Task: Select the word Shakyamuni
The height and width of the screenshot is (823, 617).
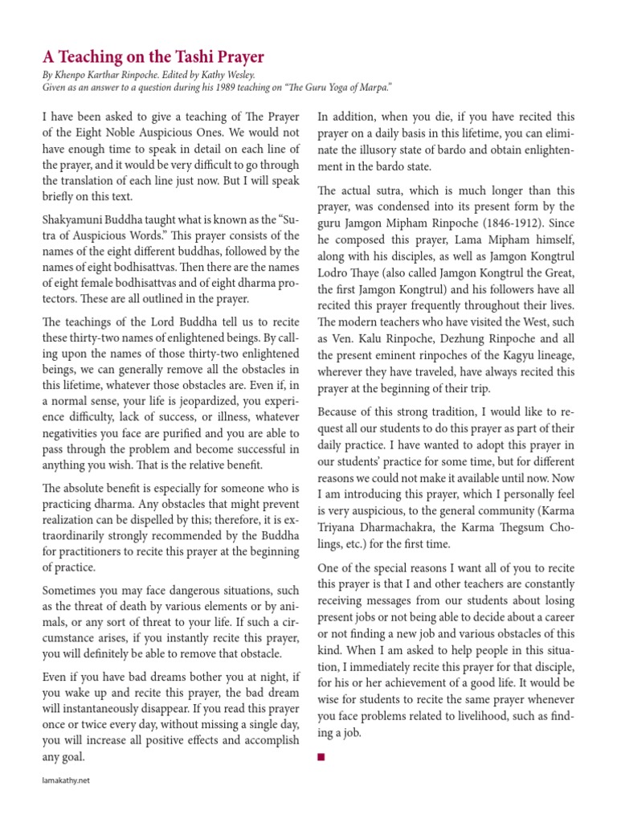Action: click(x=74, y=219)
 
